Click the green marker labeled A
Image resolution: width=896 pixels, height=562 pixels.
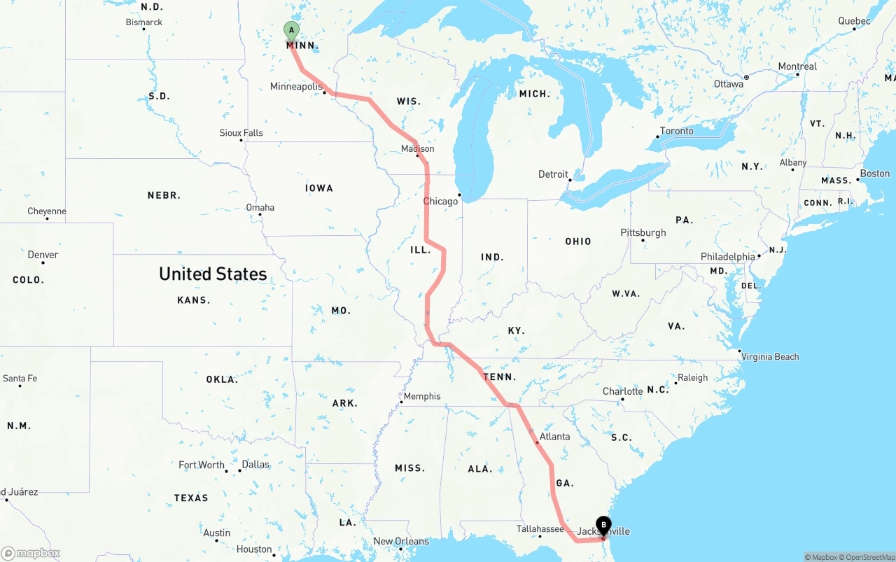pos(291,31)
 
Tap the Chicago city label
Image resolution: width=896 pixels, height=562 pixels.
pos(440,202)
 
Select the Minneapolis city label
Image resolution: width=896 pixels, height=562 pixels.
pos(295,87)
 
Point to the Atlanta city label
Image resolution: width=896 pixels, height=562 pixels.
pos(554,437)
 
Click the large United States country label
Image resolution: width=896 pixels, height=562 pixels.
pos(213,274)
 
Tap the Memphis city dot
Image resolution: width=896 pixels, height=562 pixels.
pos(401,402)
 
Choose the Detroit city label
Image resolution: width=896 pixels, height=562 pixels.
pos(553,174)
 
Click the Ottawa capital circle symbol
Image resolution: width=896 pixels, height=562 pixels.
pos(746,77)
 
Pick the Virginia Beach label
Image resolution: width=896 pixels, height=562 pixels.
pos(770,357)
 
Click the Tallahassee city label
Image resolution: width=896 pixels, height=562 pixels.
pos(540,529)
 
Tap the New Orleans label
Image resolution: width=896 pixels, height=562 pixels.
pos(400,541)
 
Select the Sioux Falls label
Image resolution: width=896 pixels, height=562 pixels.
pos(241,133)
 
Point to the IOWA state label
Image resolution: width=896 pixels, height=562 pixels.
pos(319,188)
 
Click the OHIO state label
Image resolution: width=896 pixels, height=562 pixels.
pos(578,241)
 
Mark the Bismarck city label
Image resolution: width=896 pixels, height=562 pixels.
pos(144,22)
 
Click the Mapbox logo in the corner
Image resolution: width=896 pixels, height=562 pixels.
pos(31,553)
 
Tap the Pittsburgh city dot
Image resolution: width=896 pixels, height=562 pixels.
pos(643,241)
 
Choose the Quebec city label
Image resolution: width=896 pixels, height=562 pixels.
pos(854,21)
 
